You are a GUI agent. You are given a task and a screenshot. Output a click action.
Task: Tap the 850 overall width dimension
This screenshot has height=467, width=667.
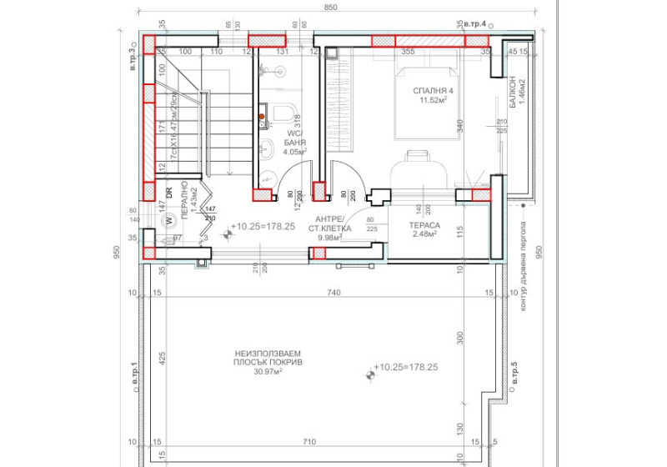coord(331,8)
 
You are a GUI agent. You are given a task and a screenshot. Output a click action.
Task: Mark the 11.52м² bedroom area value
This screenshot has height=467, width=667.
coord(434,102)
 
